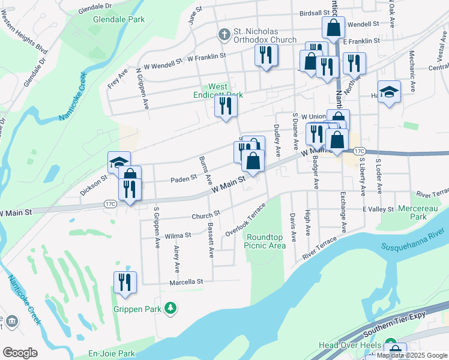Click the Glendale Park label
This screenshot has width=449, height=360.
(x=119, y=19)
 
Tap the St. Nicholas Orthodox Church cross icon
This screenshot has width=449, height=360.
(x=224, y=34)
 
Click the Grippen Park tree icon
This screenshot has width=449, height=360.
(x=172, y=307)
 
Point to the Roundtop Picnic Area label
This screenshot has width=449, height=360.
(x=265, y=241)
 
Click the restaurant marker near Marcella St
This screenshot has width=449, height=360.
(x=125, y=282)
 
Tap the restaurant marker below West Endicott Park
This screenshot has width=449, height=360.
(x=226, y=106)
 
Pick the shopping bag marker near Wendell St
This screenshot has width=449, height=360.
(x=332, y=28)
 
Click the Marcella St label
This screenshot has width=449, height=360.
(x=188, y=281)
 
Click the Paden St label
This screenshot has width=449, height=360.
(x=184, y=178)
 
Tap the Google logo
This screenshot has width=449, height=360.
(x=20, y=353)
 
